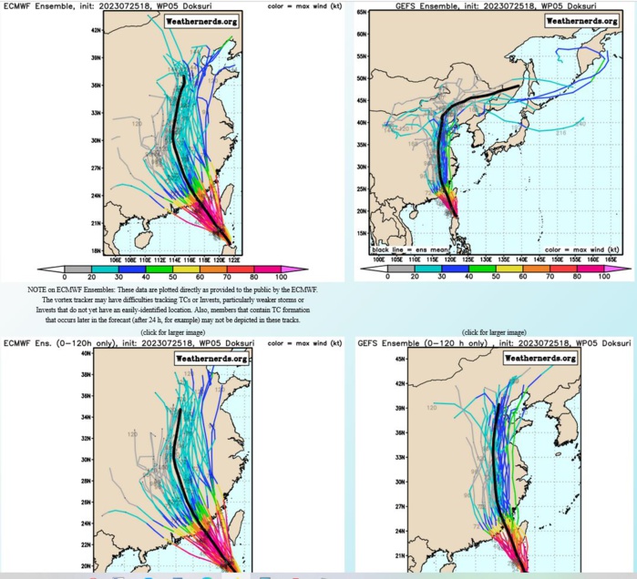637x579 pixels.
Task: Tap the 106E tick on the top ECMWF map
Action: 116,258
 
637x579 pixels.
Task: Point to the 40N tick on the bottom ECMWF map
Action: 89,351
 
